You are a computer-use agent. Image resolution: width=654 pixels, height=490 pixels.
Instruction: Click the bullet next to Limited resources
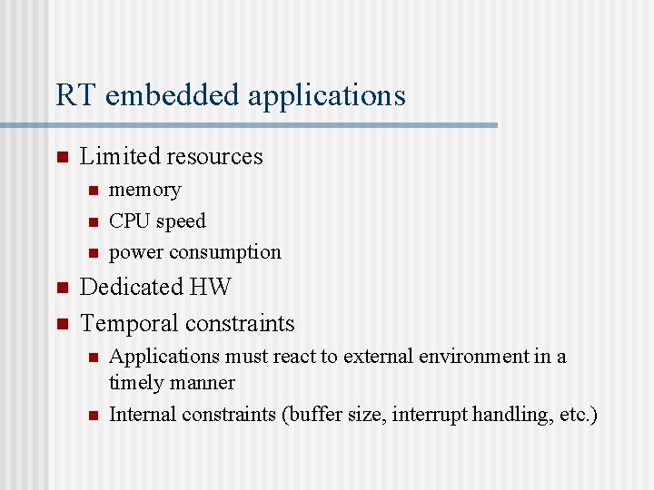point(62,157)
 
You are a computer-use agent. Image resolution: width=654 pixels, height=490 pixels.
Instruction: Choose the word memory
point(144,190)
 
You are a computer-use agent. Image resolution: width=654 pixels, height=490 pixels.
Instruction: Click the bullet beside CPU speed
point(92,221)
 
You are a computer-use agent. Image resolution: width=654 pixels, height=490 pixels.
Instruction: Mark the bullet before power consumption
point(92,252)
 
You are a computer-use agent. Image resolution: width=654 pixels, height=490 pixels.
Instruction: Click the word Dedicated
point(132,287)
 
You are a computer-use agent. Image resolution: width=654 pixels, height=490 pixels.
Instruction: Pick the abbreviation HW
point(211,287)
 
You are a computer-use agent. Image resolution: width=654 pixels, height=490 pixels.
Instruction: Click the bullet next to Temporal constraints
point(62,324)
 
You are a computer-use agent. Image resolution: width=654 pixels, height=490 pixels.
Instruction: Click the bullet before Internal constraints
point(92,416)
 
